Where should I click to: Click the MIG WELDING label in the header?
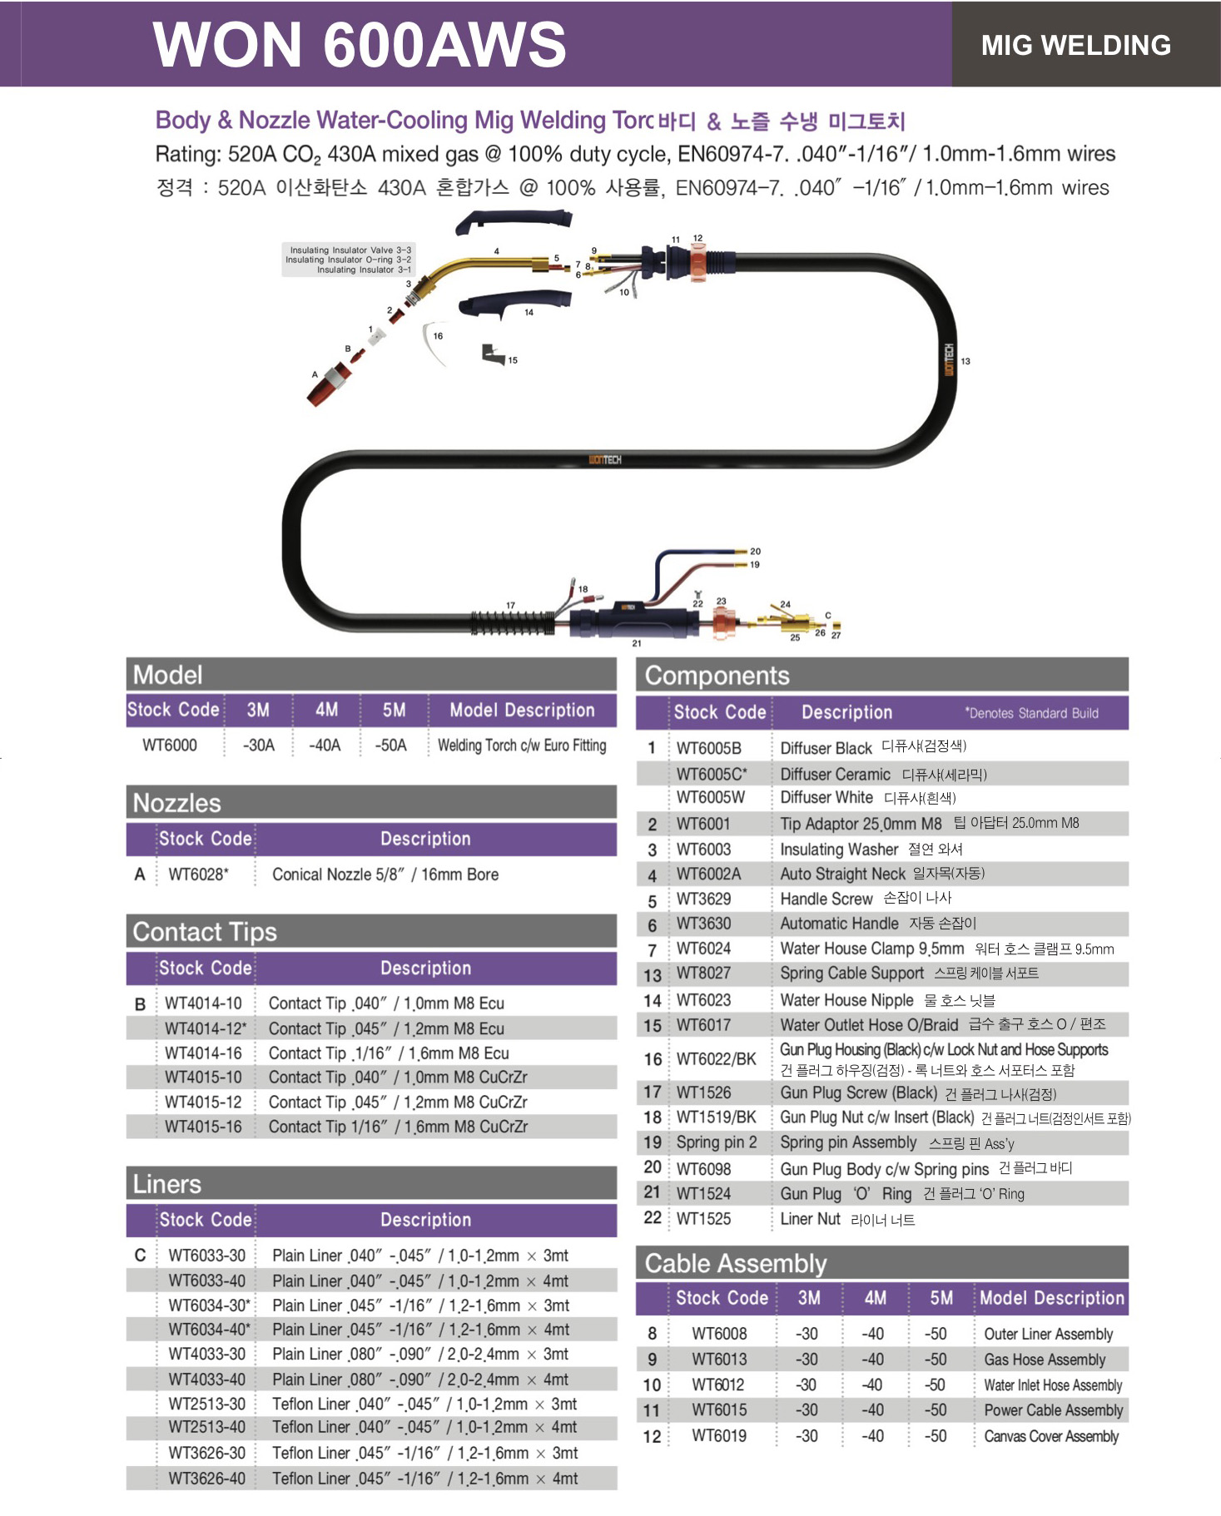[x=1075, y=45]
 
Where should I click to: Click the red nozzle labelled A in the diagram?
[x=329, y=384]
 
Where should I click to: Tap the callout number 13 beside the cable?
[x=965, y=361]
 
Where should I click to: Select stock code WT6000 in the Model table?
[x=170, y=745]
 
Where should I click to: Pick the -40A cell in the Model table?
[x=325, y=745]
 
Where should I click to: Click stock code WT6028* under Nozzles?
[x=198, y=874]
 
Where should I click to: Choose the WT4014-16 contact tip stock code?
[x=204, y=1053]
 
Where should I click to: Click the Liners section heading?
[x=167, y=1184]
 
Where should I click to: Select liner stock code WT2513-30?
[x=207, y=1404]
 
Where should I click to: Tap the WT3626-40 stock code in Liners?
[x=207, y=1479]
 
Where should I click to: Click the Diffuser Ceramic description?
[x=835, y=774]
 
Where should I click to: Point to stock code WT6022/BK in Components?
[x=717, y=1059]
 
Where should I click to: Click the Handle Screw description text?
[x=826, y=899]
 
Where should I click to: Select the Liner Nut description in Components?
[x=810, y=1219]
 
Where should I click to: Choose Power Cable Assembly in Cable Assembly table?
[x=1054, y=1410]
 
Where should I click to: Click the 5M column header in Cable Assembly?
[x=941, y=1298]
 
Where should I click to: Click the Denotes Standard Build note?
[x=1031, y=713]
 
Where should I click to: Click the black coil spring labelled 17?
[x=513, y=622]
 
